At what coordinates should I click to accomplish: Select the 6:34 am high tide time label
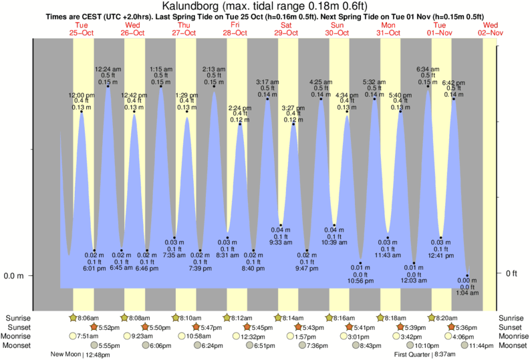click(x=428, y=69)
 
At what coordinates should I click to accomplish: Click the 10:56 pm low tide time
click(x=361, y=281)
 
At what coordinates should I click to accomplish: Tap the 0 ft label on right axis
click(x=511, y=273)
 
